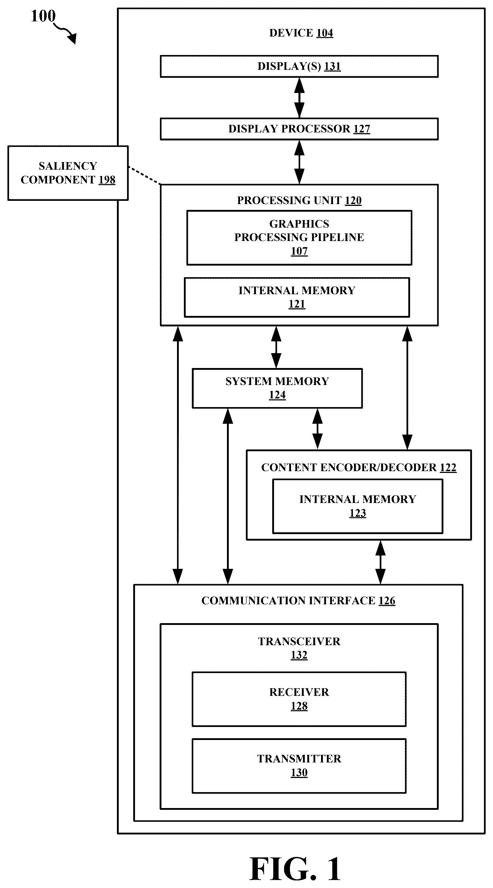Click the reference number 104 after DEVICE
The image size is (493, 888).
click(325, 33)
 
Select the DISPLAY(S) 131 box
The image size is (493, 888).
click(299, 66)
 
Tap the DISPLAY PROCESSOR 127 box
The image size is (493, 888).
click(299, 129)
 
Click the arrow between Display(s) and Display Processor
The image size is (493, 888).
click(299, 98)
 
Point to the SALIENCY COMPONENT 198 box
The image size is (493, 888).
click(68, 173)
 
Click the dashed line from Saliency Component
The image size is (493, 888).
click(144, 176)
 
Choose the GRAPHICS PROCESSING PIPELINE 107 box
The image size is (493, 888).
click(299, 238)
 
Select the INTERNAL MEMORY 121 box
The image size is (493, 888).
click(297, 297)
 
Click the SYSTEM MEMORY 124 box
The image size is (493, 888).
click(277, 388)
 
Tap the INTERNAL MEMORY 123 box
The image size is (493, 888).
click(358, 506)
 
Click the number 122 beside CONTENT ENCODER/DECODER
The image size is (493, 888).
click(448, 468)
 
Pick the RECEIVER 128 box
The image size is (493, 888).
click(299, 699)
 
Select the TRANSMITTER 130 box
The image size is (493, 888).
click(299, 766)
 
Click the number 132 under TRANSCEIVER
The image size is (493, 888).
click(299, 655)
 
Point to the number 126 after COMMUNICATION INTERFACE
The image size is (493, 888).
click(387, 601)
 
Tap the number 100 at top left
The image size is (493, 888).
click(43, 16)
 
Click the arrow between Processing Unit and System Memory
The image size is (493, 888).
click(276, 347)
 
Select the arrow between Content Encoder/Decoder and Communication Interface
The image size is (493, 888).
click(380, 562)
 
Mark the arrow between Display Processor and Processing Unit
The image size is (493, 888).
click(299, 162)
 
